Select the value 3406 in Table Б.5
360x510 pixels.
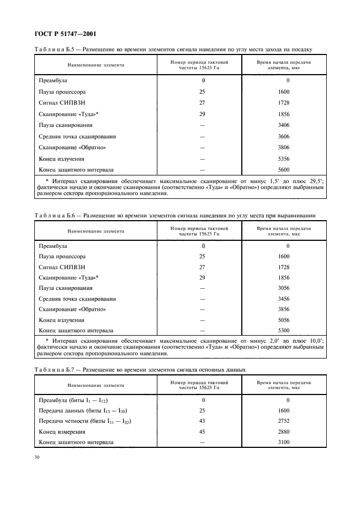click(284, 125)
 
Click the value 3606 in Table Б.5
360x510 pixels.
click(284, 136)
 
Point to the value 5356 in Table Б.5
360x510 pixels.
click(284, 159)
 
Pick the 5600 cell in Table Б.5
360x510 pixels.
click(284, 169)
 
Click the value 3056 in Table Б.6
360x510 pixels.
click(284, 288)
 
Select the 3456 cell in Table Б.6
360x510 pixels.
click(284, 299)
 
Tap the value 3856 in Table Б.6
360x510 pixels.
click(284, 309)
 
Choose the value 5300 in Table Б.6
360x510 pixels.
click(284, 330)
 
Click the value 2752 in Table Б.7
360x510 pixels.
click(284, 421)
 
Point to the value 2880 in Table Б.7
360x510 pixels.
click(284, 432)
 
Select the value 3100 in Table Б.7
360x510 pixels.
click(284, 442)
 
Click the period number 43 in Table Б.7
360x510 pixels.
click(203, 421)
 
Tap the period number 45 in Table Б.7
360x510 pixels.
click(203, 432)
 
